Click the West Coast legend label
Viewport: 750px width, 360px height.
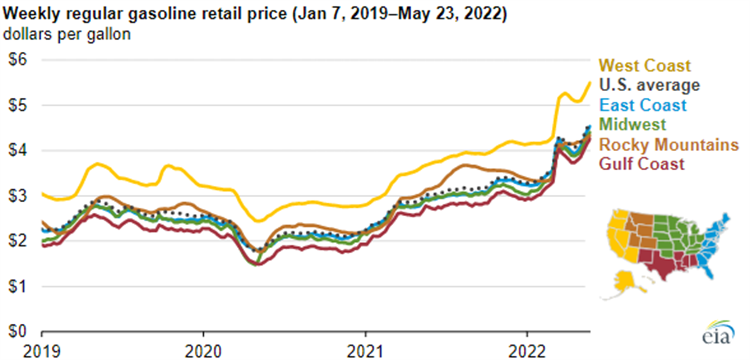click(x=644, y=66)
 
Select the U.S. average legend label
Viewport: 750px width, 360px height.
click(x=649, y=85)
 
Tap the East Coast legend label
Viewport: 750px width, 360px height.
click(x=643, y=105)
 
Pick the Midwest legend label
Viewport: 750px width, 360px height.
click(x=632, y=124)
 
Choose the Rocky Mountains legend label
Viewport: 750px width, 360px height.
click(x=668, y=144)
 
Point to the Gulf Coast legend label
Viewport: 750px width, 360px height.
click(x=642, y=164)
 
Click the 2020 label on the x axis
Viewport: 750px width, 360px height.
click(x=203, y=352)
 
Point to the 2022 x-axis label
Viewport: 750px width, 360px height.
click(x=527, y=352)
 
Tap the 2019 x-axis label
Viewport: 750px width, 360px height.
click(x=42, y=352)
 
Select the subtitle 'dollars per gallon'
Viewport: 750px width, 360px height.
click(x=67, y=34)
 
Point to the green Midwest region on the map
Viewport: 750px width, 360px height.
click(x=676, y=236)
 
